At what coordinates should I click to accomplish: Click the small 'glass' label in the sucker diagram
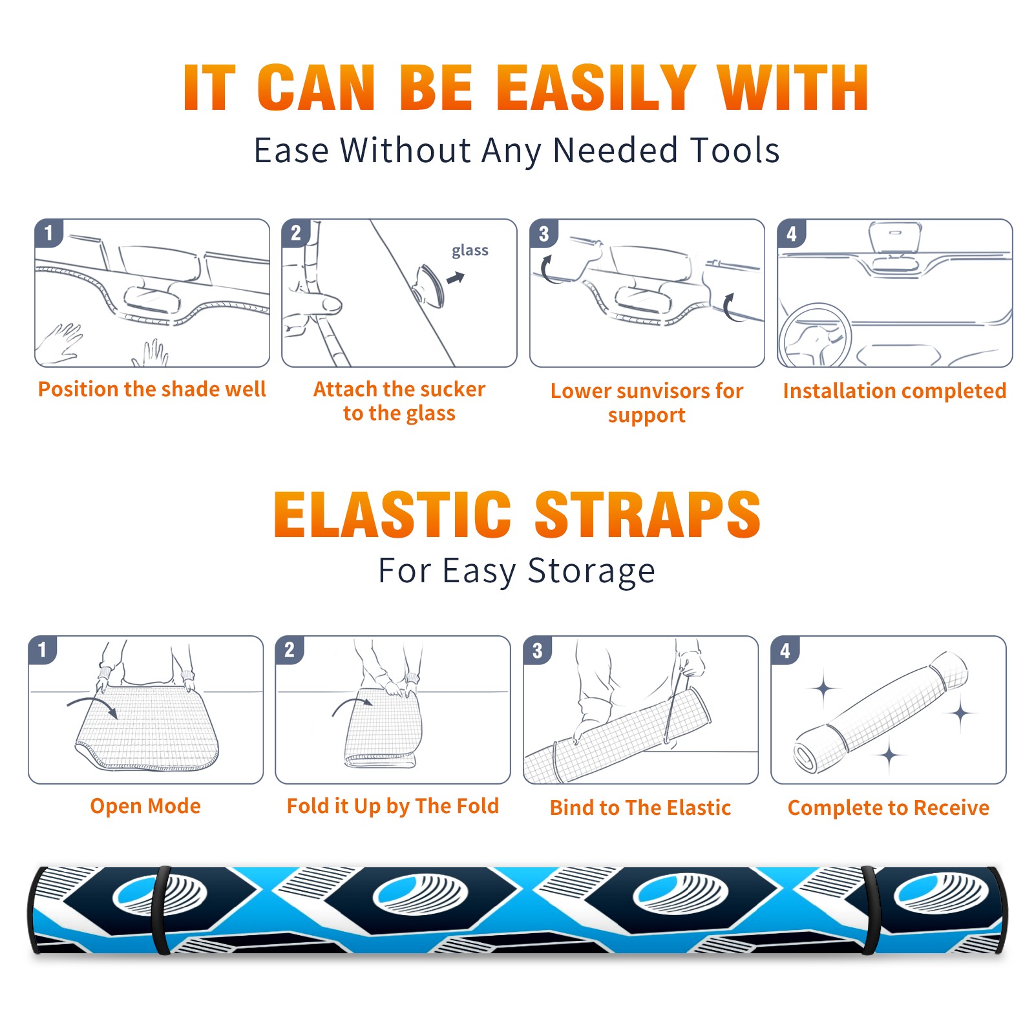(x=470, y=251)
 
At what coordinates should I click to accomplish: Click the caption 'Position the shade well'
(x=152, y=389)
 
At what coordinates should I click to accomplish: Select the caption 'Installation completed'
(x=894, y=391)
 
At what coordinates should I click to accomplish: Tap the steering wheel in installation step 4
(x=814, y=336)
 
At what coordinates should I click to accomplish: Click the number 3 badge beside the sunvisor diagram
(x=543, y=233)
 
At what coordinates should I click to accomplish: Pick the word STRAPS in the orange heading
(x=648, y=514)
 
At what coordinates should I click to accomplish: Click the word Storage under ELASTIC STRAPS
(x=591, y=571)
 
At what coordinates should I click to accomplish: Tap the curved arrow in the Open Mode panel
(x=92, y=706)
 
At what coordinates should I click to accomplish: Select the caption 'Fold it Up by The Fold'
(x=393, y=806)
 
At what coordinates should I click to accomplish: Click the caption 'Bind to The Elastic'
(x=640, y=808)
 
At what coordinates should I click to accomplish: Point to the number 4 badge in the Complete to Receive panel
(x=785, y=650)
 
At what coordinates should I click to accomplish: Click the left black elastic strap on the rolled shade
(x=161, y=910)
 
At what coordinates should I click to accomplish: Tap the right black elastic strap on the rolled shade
(x=869, y=910)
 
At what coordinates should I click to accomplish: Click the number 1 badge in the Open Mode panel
(x=43, y=649)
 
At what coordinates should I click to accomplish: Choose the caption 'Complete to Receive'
(x=889, y=808)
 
